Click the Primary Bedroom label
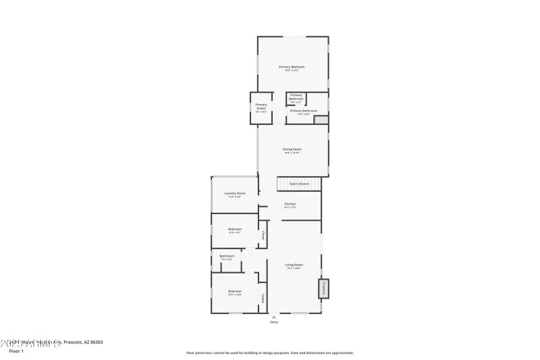[x=292, y=67]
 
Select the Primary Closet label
[x=261, y=106]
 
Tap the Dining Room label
[x=292, y=149]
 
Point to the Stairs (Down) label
[x=299, y=184]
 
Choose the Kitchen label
[x=290, y=204]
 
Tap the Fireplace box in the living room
[x=323, y=288]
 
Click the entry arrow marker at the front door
[x=273, y=316]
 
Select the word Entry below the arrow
[x=273, y=322]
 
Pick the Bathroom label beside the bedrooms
[x=227, y=256]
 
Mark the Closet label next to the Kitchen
[x=263, y=236]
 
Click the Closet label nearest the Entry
[x=263, y=298]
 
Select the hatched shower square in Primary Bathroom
[x=321, y=120]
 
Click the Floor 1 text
[x=16, y=351]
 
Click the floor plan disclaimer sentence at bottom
[x=270, y=353]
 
